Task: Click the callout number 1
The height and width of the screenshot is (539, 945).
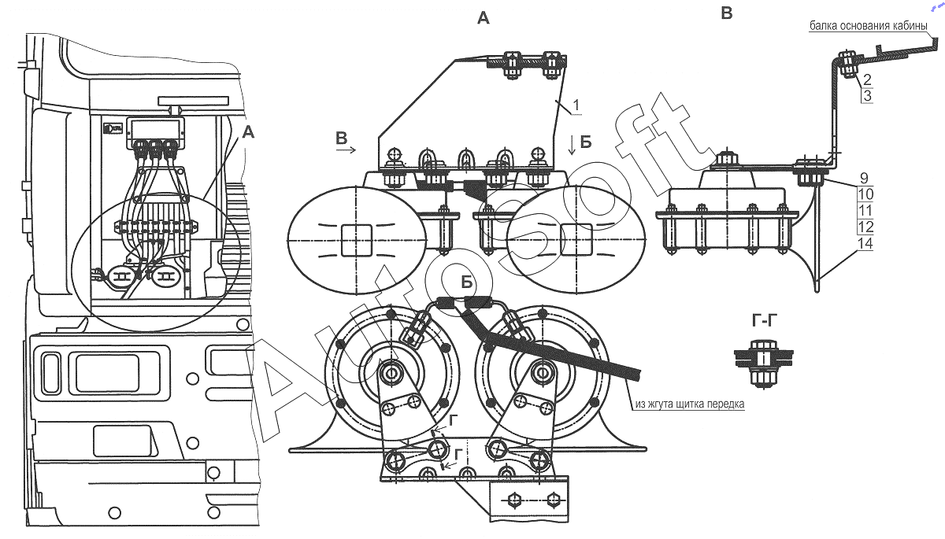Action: point(576,105)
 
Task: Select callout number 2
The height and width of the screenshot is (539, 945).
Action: point(867,79)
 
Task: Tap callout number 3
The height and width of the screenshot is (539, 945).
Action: point(867,96)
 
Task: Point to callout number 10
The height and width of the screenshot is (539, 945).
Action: point(865,194)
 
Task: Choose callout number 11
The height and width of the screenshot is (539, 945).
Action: point(865,211)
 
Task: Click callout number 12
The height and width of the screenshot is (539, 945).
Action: point(865,227)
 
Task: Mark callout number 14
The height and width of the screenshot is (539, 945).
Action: point(865,244)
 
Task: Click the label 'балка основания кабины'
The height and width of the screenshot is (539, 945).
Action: point(868,26)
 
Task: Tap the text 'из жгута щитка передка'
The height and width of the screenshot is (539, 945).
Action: point(690,404)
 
